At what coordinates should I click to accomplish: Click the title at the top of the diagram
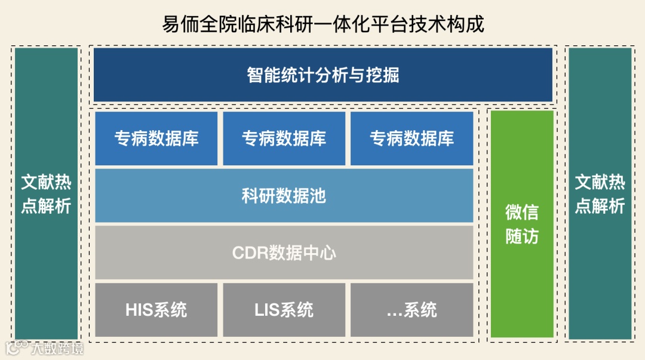point(322,24)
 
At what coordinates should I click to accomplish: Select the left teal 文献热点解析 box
point(47,193)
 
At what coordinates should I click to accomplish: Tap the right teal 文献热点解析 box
point(600,193)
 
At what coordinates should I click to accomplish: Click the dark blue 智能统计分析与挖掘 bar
point(322,75)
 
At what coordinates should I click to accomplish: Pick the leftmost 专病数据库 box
point(156,139)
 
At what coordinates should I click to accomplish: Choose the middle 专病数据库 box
point(284,139)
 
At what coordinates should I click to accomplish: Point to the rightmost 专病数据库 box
point(411,139)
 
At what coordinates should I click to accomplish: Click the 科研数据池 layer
point(284,195)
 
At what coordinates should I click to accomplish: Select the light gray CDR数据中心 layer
point(284,252)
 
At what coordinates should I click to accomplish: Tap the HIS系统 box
point(156,310)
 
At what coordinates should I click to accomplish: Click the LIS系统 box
point(284,310)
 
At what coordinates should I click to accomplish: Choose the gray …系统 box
point(411,310)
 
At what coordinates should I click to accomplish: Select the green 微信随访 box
point(522,224)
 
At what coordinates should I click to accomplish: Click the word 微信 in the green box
point(522,212)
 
